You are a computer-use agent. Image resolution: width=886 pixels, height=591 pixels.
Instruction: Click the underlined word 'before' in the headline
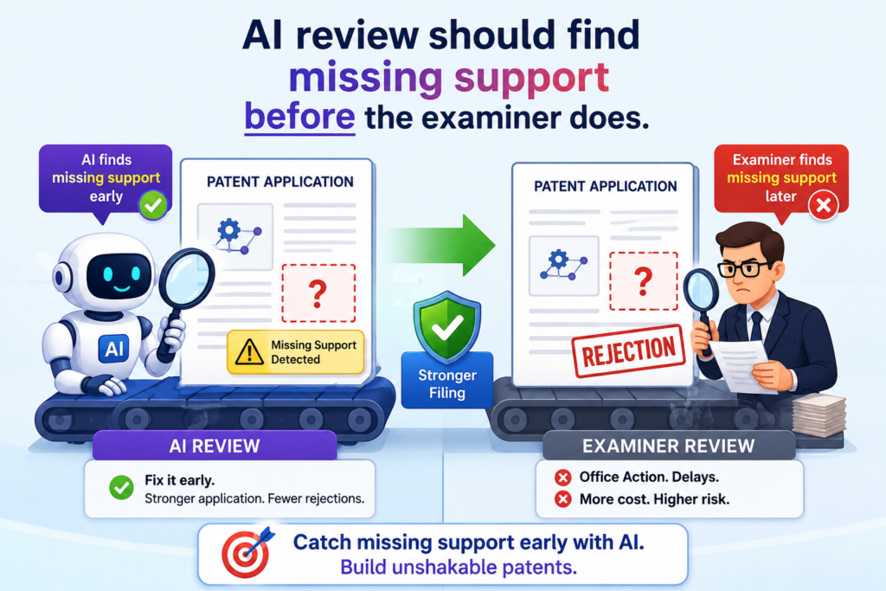(x=299, y=118)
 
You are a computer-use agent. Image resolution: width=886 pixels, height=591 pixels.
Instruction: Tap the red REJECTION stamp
(x=628, y=350)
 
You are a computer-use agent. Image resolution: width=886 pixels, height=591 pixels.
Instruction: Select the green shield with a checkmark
(x=447, y=326)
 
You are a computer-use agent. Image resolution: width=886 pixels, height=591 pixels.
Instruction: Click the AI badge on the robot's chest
(x=113, y=348)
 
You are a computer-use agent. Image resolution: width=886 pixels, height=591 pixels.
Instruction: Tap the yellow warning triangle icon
(x=249, y=351)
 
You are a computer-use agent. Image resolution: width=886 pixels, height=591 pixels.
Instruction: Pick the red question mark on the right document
(x=643, y=281)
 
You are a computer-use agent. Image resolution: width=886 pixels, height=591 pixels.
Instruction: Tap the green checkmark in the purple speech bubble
(x=153, y=205)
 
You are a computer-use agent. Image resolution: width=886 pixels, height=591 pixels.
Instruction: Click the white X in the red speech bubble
(x=824, y=205)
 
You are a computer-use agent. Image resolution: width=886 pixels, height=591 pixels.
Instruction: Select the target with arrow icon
(x=247, y=551)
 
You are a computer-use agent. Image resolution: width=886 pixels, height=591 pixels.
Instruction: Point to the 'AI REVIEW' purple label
(x=215, y=446)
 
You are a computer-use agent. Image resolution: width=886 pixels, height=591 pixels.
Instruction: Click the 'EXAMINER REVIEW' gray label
(x=669, y=446)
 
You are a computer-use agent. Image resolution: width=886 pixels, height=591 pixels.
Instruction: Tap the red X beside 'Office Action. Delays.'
(x=562, y=478)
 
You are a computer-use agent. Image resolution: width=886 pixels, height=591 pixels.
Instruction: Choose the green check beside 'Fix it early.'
(x=121, y=487)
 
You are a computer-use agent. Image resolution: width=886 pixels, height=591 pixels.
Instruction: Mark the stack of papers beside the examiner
(x=819, y=416)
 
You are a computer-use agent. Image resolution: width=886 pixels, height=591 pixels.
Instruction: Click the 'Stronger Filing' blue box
(x=447, y=381)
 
